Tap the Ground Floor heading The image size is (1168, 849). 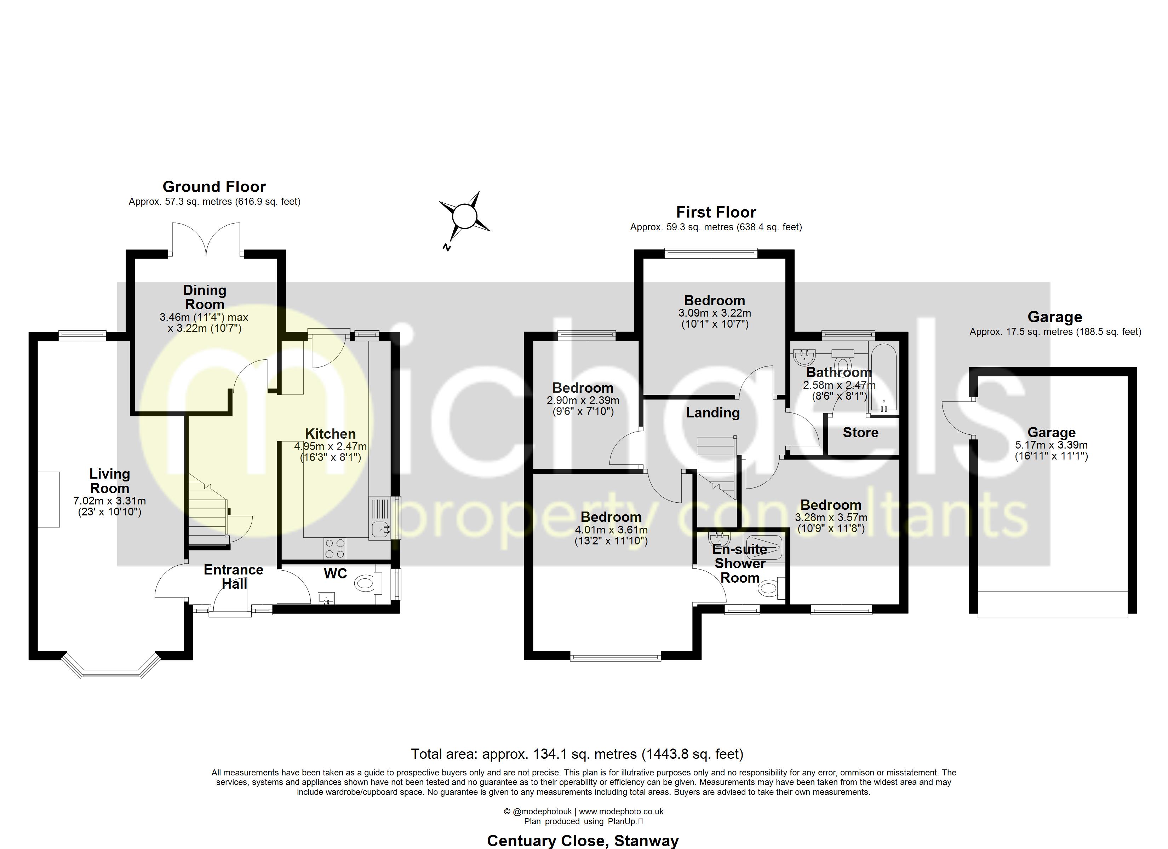(x=214, y=186)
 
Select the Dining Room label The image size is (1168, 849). (x=205, y=297)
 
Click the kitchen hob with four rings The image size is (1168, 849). (x=335, y=548)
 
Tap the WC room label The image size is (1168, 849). (x=335, y=573)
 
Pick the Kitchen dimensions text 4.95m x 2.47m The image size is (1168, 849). (x=330, y=446)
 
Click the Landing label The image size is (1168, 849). (x=713, y=412)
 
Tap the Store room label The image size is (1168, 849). (x=860, y=433)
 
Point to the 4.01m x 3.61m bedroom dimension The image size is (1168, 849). (x=611, y=529)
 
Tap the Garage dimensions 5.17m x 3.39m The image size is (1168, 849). (x=1051, y=445)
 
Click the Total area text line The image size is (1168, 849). (x=577, y=754)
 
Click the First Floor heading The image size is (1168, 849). (x=716, y=212)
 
